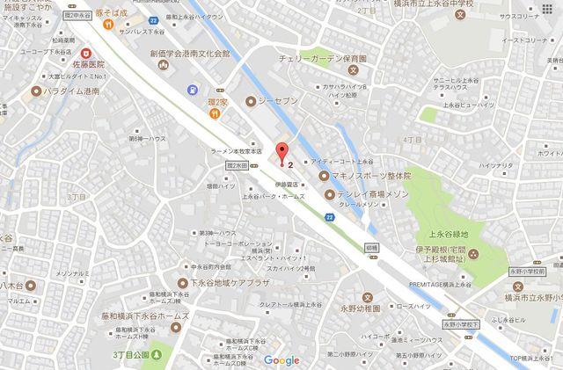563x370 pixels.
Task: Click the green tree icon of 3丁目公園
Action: pos(156,354)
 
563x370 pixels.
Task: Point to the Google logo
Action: pos(281,360)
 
